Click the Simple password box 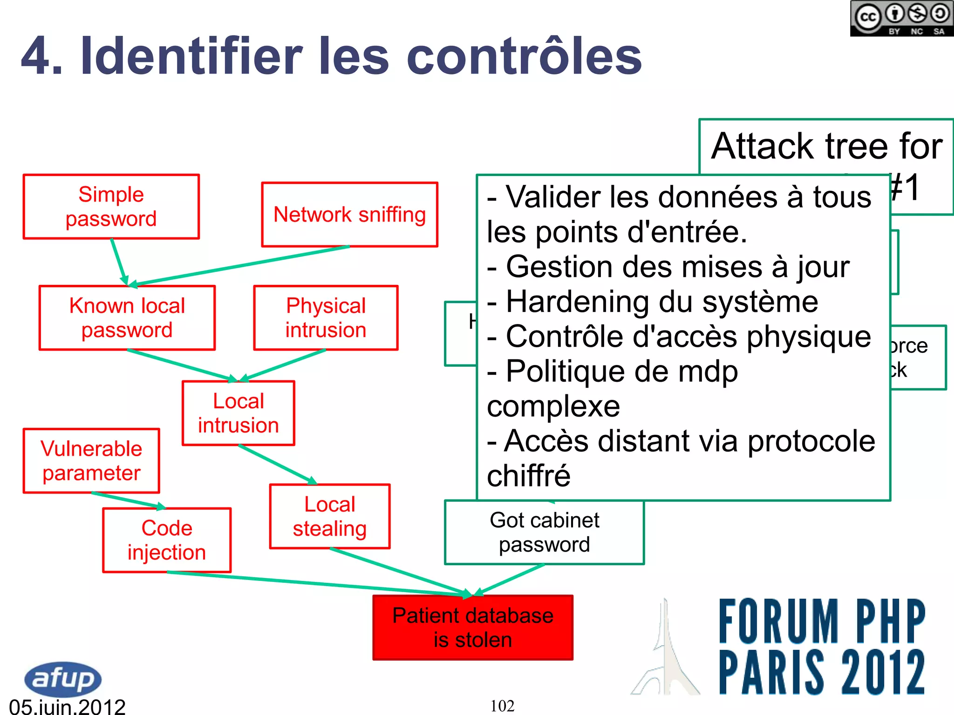(x=111, y=207)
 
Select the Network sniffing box (x=349, y=215)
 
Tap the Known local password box (x=127, y=317)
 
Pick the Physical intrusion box (x=326, y=317)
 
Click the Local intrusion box (x=238, y=413)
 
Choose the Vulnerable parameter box (x=91, y=461)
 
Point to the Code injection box (x=167, y=540)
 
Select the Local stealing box (x=329, y=517)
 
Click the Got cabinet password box (x=544, y=533)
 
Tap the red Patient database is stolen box (x=473, y=627)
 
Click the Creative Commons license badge (x=901, y=19)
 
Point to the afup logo (x=63, y=679)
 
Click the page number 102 (x=502, y=706)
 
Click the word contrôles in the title (x=524, y=57)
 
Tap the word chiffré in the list (x=529, y=476)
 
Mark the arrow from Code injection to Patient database (x=317, y=583)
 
